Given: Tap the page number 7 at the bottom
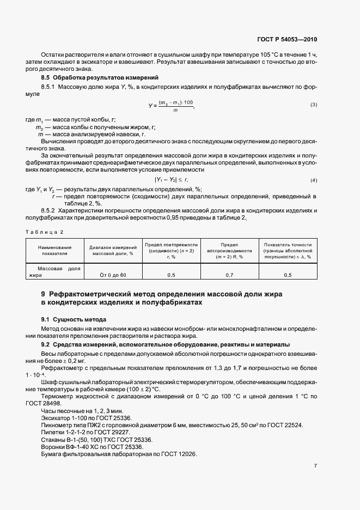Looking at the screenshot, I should coord(315,465).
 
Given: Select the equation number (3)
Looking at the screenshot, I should coord(314,105).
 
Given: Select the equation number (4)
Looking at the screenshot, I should coord(314,180).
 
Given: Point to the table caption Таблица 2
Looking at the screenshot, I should coord(45,232).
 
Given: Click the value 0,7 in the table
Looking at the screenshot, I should coord(230,275).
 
